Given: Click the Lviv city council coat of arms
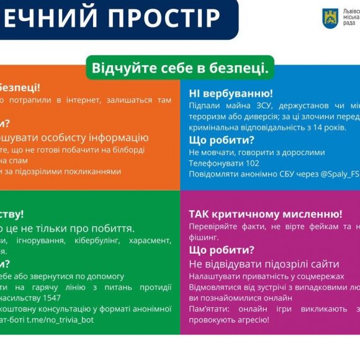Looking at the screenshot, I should pyautogui.click(x=330, y=18).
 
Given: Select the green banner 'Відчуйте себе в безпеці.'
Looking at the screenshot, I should pyautogui.click(x=180, y=68).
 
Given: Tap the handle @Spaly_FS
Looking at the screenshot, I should pyautogui.click(x=339, y=174).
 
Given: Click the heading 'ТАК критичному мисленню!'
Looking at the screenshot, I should pyautogui.click(x=266, y=214).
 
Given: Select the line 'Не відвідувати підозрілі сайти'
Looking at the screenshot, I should pyautogui.click(x=264, y=264).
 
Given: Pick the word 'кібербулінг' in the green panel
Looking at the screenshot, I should pyautogui.click(x=102, y=240).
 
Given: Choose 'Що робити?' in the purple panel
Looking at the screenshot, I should pyautogui.click(x=222, y=250).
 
